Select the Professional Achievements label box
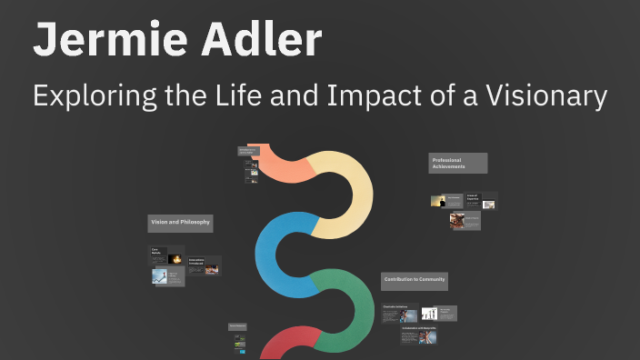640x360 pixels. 457,164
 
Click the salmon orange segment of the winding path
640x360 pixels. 282,165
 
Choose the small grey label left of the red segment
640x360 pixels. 237,325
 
